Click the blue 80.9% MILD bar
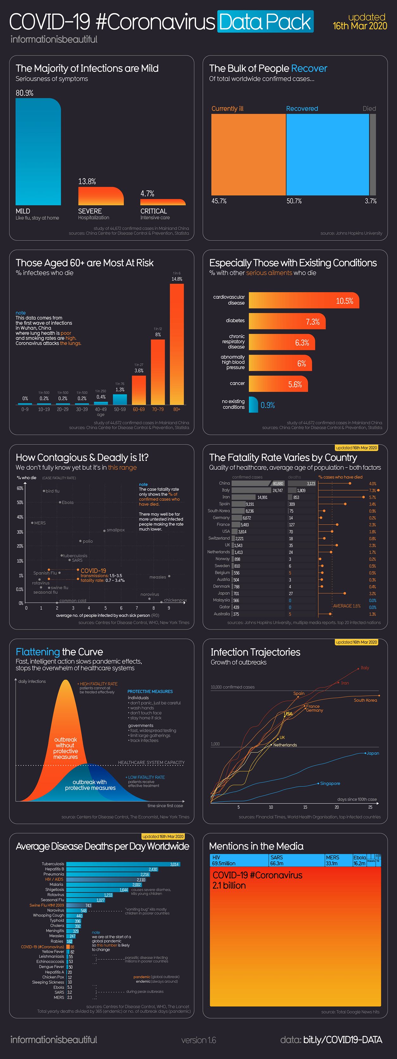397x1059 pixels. click(x=38, y=152)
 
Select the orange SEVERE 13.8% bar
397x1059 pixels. click(x=101, y=196)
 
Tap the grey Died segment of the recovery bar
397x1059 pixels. click(x=373, y=155)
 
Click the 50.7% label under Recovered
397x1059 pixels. click(x=294, y=201)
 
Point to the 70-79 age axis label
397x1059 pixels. click(x=158, y=410)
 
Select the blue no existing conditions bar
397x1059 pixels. click(x=253, y=404)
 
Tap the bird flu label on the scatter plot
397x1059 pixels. click(x=53, y=491)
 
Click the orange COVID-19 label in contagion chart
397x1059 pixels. click(x=93, y=571)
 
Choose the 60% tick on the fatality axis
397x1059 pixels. click(x=20, y=488)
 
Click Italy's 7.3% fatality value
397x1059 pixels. click(x=372, y=490)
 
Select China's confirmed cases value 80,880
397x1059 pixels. click(x=278, y=483)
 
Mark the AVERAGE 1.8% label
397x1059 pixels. click(x=346, y=606)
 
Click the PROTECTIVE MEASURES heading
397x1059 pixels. click(x=150, y=692)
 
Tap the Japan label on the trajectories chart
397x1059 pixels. click(x=373, y=753)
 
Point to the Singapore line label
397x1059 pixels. click(x=330, y=784)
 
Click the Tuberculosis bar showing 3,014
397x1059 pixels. click(x=123, y=864)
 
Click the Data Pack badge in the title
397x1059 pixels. click(x=265, y=22)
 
